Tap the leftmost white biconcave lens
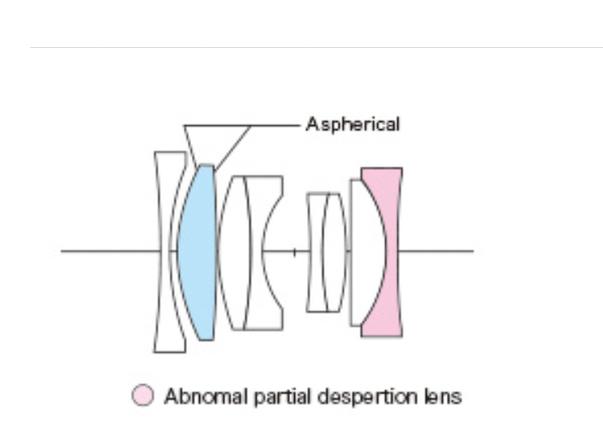168,252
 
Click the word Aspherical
353,125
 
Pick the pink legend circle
141,397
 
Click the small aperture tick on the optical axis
294,251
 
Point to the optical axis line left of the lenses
106,251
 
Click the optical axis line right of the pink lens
439,251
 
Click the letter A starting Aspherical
310,125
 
